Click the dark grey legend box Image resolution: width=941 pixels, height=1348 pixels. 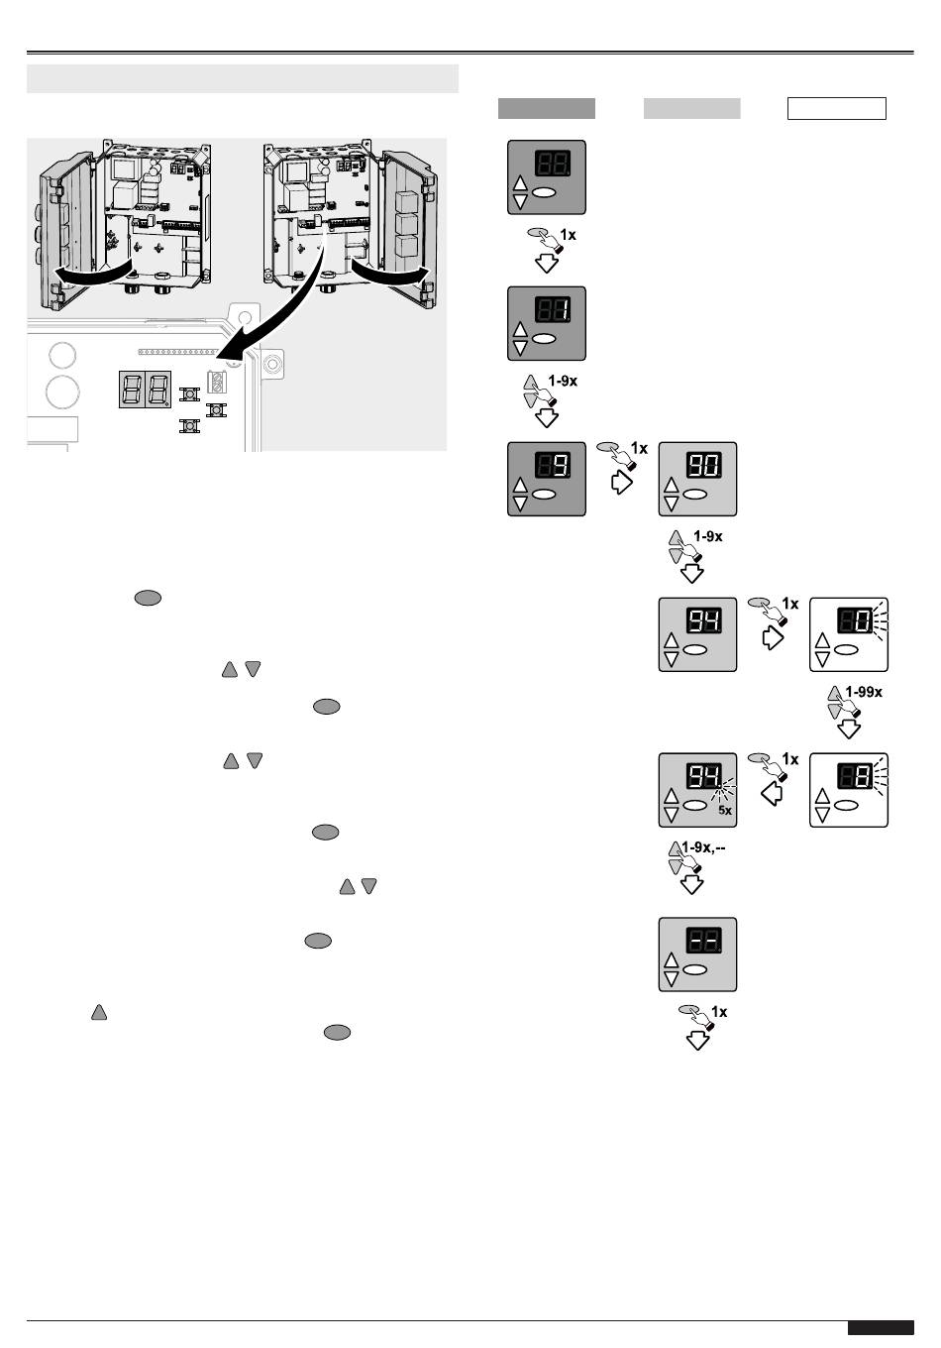(546, 109)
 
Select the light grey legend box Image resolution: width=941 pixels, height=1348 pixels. (691, 109)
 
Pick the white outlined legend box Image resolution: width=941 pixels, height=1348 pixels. (836, 109)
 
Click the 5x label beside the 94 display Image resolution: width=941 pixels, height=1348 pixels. (725, 811)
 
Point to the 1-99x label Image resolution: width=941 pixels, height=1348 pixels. (864, 692)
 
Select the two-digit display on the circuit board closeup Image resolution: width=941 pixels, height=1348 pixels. (145, 389)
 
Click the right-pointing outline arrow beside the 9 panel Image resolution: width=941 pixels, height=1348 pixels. (621, 482)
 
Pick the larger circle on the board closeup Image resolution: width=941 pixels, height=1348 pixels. (61, 393)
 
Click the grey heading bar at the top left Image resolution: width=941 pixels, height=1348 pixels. (243, 78)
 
